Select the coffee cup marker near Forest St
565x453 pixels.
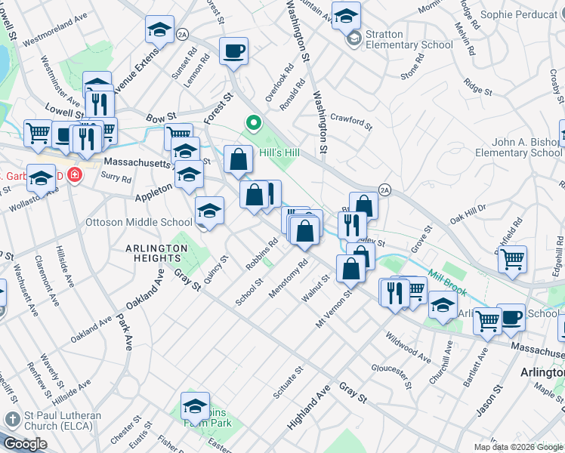pyautogui.click(x=233, y=51)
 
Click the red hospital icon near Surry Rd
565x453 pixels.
pyautogui.click(x=74, y=176)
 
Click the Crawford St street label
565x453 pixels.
pyautogui.click(x=351, y=121)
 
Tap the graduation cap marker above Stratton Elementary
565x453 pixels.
pyautogui.click(x=346, y=15)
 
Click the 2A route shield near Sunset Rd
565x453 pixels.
pyautogui.click(x=181, y=34)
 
